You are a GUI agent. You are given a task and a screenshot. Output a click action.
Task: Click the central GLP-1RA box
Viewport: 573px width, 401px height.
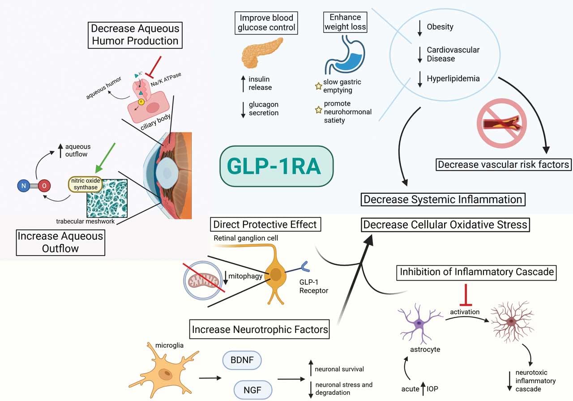277,166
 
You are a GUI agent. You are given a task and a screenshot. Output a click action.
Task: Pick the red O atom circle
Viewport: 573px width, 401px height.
44,185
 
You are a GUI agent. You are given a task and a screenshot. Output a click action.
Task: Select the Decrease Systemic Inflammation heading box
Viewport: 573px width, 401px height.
443,199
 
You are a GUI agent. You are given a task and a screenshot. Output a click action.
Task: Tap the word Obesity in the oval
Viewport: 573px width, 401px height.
440,27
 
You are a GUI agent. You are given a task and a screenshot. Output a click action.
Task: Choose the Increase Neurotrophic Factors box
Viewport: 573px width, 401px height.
260,330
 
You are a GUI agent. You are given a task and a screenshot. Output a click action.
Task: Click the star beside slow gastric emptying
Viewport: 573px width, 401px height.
318,86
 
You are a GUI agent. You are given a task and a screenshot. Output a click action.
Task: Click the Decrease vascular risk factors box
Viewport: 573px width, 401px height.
503,164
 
